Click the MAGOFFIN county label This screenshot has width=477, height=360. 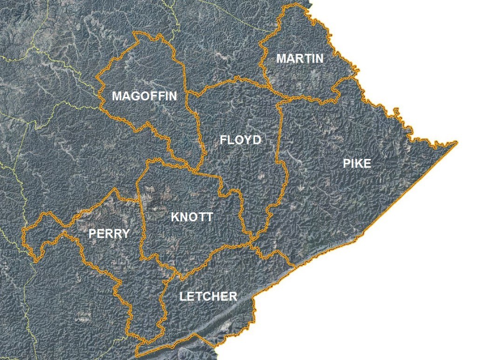coord(145,96)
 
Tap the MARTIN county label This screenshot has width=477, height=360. coord(300,59)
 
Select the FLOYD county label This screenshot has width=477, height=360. coord(240,140)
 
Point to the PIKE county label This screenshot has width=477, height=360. coord(357,163)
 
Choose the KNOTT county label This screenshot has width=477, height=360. coord(192,217)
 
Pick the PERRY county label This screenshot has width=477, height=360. coord(109,233)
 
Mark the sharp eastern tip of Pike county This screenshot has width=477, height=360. coord(457,142)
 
